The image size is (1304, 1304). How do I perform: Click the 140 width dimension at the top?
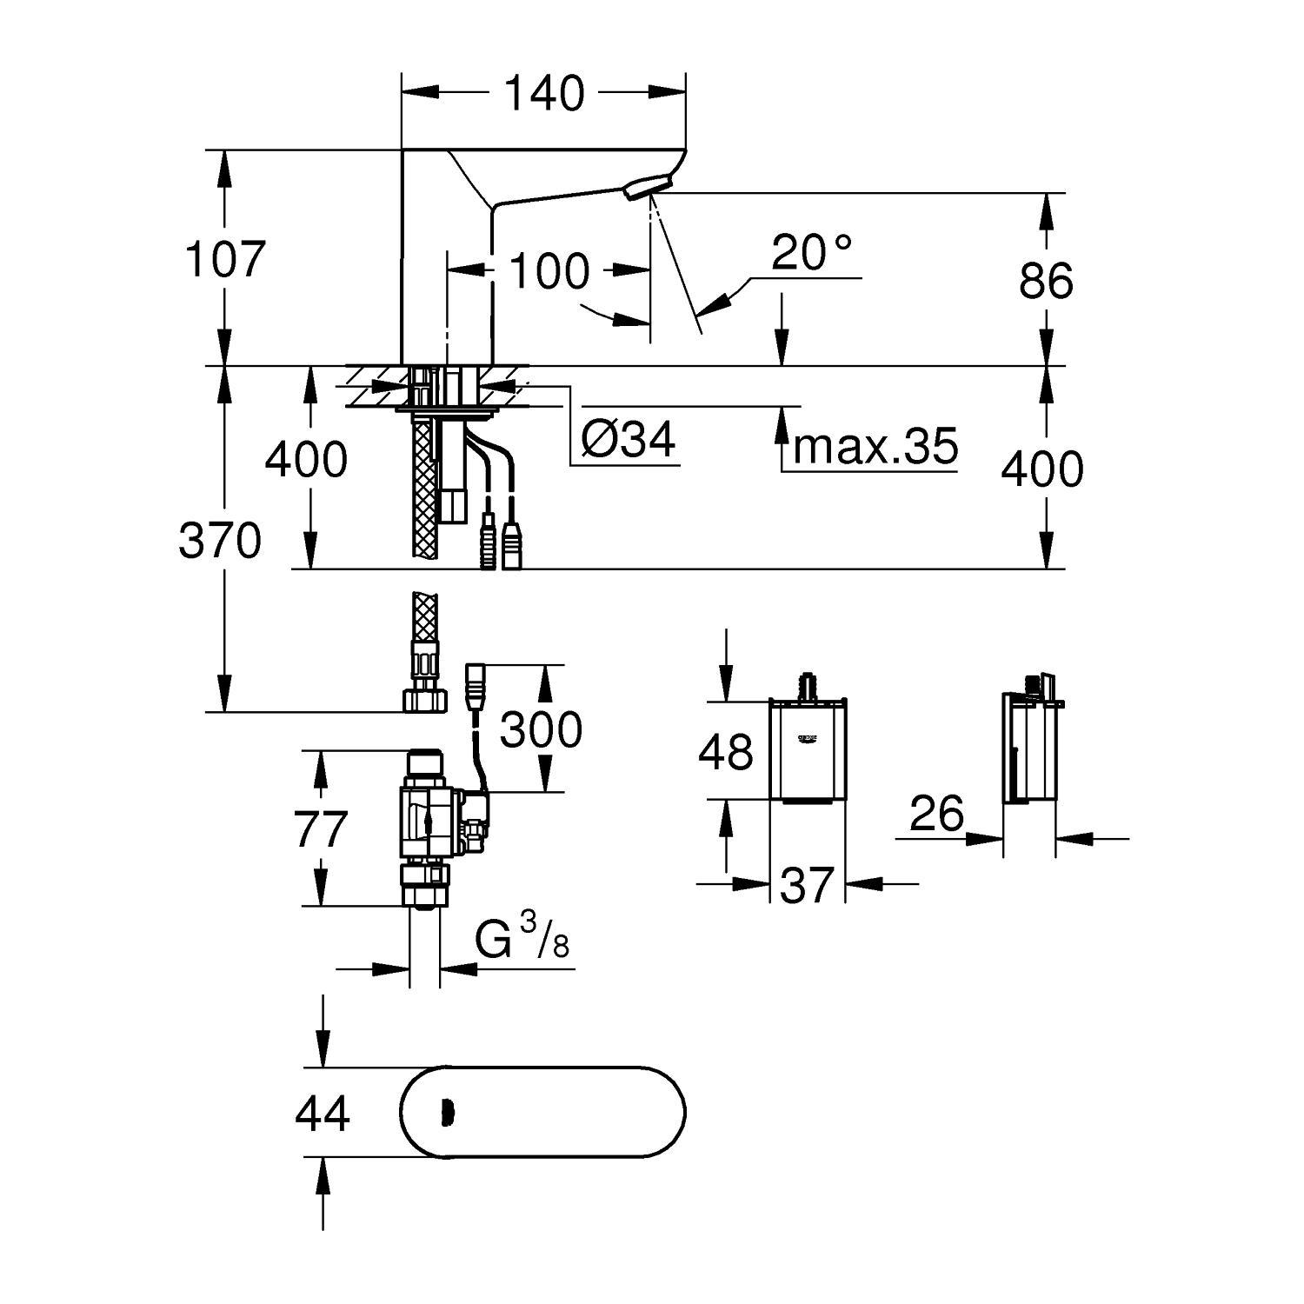click(x=545, y=93)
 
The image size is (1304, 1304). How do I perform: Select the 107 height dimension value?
click(x=224, y=258)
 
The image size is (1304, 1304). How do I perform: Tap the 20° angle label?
click(x=811, y=253)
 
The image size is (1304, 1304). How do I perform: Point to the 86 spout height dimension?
click(x=1046, y=281)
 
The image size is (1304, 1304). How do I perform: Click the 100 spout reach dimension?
click(x=549, y=271)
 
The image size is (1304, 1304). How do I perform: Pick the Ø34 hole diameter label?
click(x=629, y=441)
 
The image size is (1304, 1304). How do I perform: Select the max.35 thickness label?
click(x=875, y=446)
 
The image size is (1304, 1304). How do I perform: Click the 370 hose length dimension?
click(x=219, y=541)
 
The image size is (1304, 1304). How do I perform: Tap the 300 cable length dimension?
click(x=541, y=729)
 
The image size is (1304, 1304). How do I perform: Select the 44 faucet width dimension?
click(x=323, y=1113)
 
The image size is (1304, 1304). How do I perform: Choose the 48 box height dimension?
click(x=726, y=751)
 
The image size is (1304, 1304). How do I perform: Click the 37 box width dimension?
click(x=808, y=884)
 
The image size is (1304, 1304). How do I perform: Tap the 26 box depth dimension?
click(x=938, y=814)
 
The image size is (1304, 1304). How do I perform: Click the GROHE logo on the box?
click(x=808, y=739)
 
